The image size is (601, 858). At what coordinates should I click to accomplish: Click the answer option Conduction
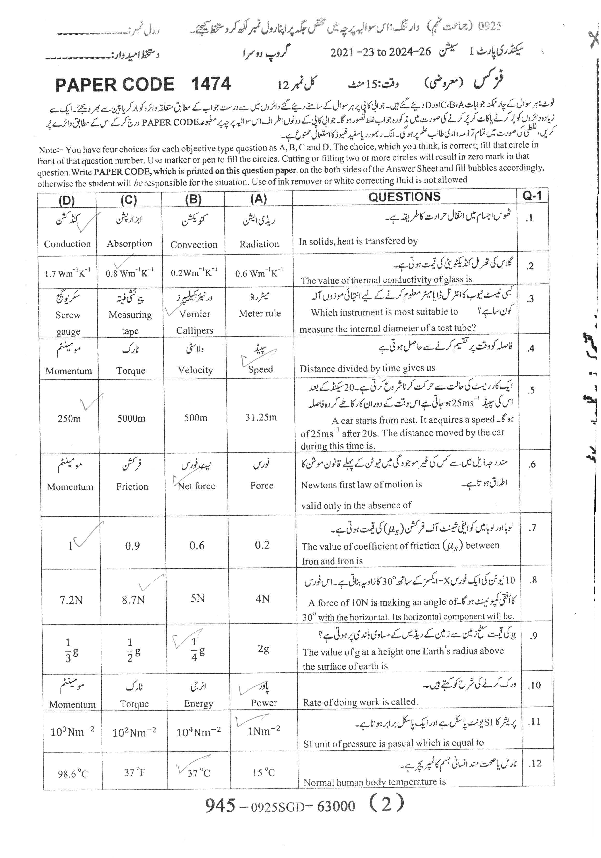(67, 244)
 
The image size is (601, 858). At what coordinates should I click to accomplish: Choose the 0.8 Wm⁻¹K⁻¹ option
(129, 273)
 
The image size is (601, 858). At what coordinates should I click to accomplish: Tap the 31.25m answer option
(261, 417)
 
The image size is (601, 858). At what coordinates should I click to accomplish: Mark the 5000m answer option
(131, 418)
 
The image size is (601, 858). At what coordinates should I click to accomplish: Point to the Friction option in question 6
(132, 486)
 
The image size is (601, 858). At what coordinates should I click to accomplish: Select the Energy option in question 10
(198, 703)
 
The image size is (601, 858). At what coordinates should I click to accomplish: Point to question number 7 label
(533, 528)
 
